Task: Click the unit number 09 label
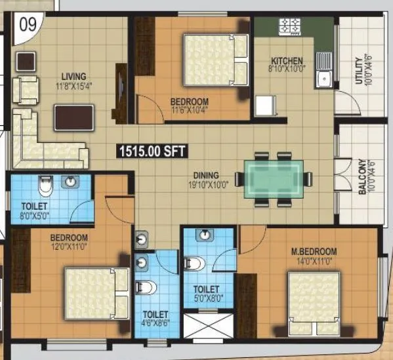coord(27,27)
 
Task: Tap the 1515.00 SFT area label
coord(152,151)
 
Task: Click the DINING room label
coord(206,175)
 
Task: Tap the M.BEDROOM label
coord(314,251)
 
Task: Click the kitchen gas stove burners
coord(289,27)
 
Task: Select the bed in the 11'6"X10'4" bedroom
coord(214,60)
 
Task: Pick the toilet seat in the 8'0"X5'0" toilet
coord(45,187)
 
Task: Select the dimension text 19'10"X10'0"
coord(206,184)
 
